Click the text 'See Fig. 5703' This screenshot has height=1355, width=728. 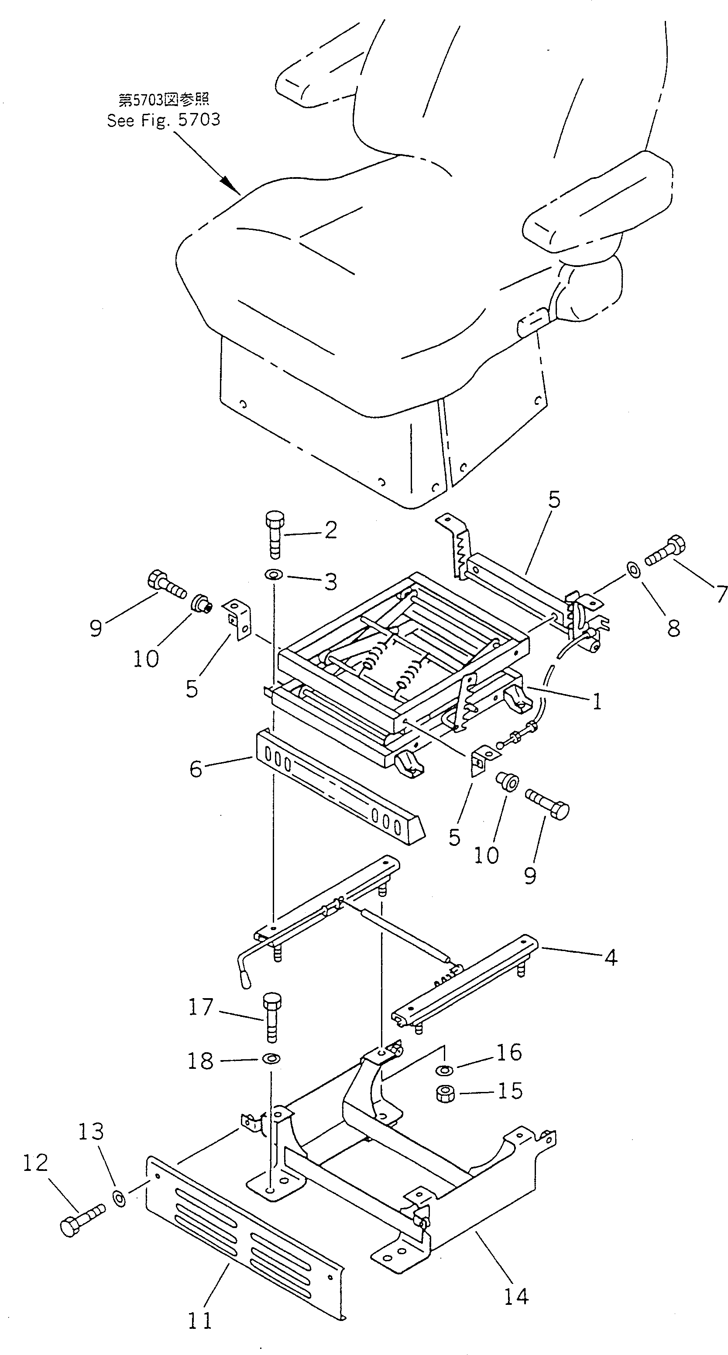[x=163, y=120]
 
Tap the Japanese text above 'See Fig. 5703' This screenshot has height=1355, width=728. [x=163, y=99]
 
